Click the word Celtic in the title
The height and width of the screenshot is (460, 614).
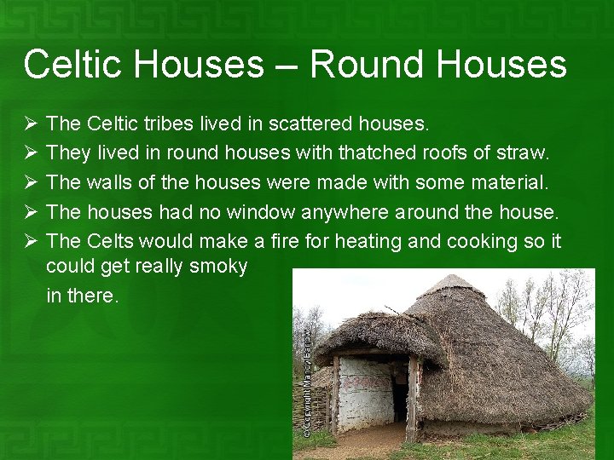click(74, 65)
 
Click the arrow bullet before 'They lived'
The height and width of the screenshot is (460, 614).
click(31, 153)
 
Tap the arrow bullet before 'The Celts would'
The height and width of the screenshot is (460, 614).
click(31, 241)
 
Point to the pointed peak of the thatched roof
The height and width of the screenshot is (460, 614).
click(452, 278)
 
